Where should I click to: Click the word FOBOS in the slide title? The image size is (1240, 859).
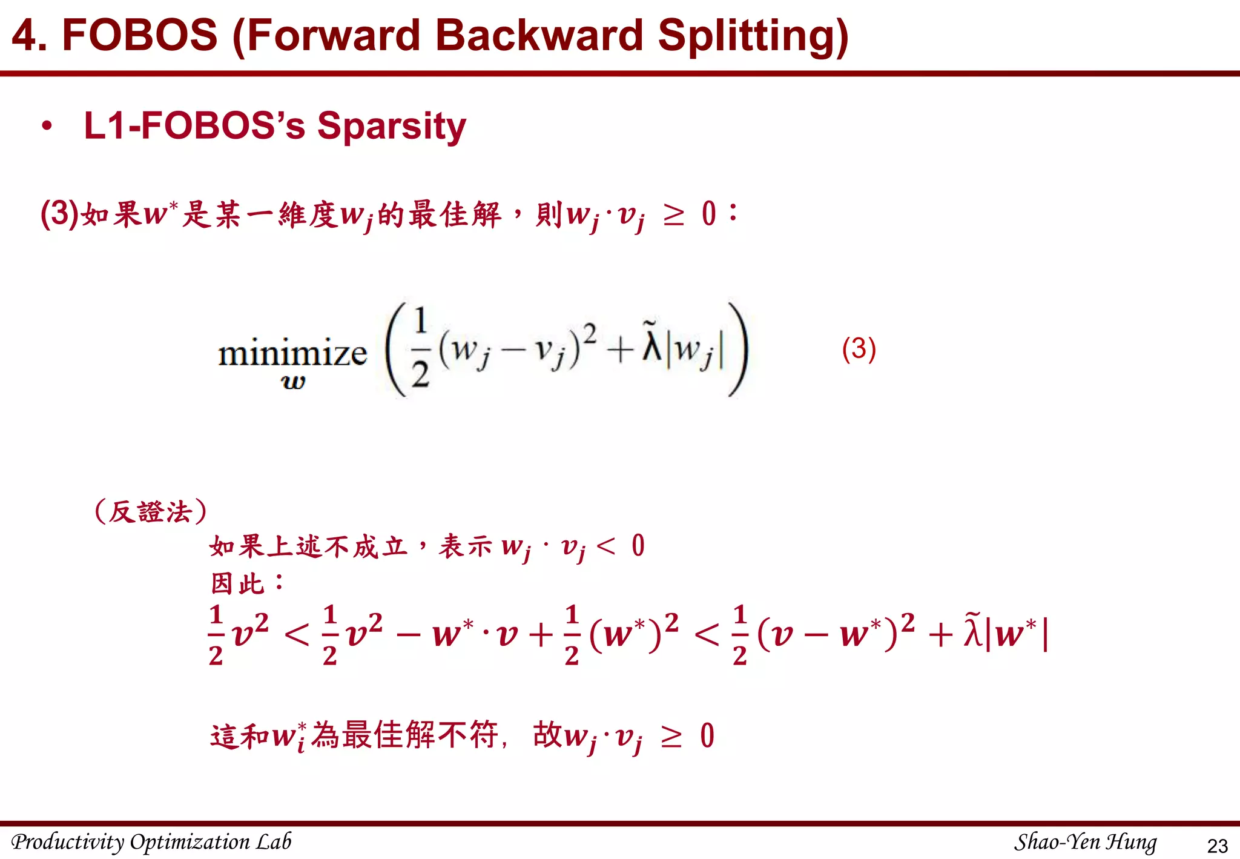(x=139, y=35)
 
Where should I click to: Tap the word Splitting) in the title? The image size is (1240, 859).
(x=753, y=36)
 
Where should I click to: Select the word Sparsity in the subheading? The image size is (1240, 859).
(x=392, y=126)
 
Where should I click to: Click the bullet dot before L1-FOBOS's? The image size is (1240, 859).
(x=47, y=126)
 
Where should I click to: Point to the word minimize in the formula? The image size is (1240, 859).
(x=292, y=353)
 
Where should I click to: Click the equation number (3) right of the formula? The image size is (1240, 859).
(x=859, y=349)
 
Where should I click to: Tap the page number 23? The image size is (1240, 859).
(x=1217, y=845)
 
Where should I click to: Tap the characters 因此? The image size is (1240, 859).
(x=238, y=583)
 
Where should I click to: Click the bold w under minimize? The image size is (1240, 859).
(x=294, y=382)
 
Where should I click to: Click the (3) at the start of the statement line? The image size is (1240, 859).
(x=59, y=213)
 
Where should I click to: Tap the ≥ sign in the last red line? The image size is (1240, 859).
(x=671, y=736)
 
